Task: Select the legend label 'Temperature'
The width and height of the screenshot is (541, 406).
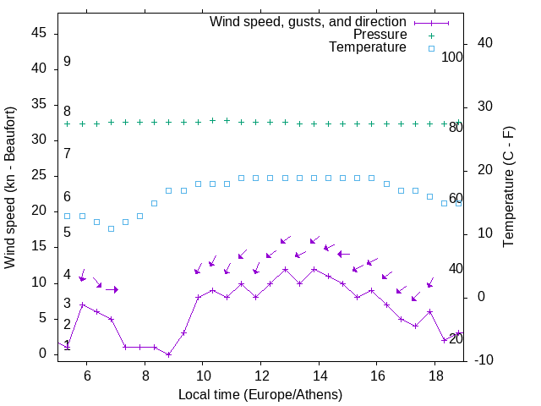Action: (x=368, y=47)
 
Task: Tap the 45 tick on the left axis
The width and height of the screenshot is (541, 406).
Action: (x=40, y=33)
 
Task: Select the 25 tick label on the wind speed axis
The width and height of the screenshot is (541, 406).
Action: (x=40, y=175)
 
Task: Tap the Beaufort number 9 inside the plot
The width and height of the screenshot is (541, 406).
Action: (x=67, y=62)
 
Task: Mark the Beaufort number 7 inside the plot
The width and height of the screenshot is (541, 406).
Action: (x=67, y=154)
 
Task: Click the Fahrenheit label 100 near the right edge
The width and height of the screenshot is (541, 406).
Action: (x=452, y=58)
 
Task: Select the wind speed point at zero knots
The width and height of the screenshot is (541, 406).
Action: (x=169, y=354)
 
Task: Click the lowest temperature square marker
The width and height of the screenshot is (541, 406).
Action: (x=111, y=228)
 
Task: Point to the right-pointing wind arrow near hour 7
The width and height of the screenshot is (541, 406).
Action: (x=112, y=289)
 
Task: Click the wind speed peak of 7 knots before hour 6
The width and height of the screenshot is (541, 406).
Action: (x=82, y=304)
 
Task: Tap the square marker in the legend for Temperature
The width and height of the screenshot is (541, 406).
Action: (x=430, y=48)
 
